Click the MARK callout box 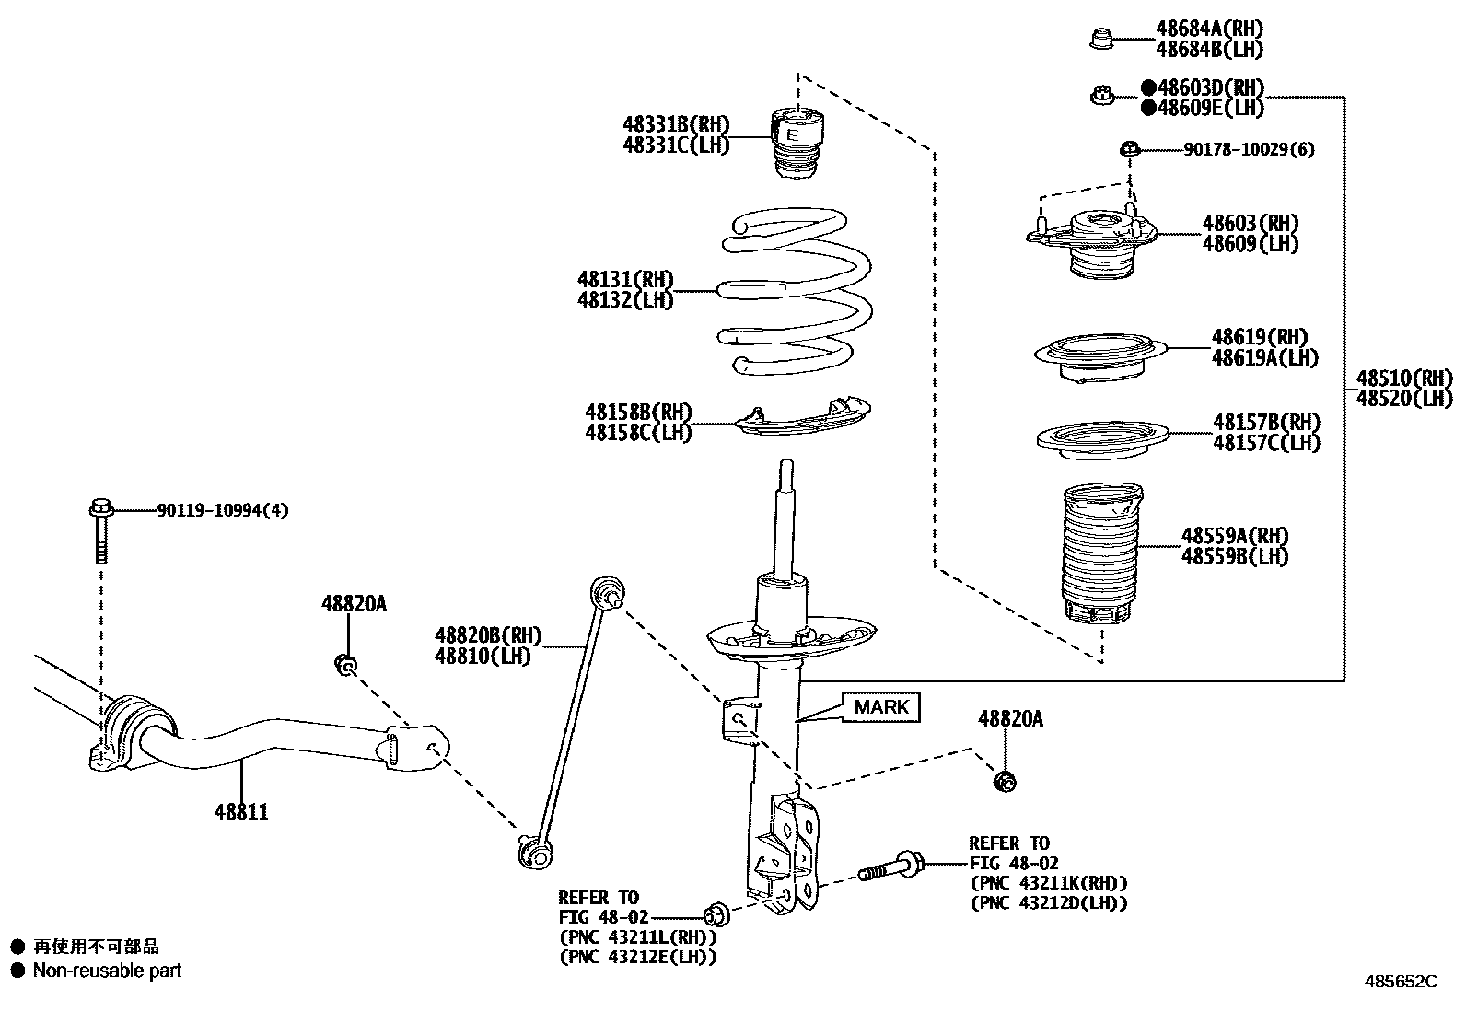881,707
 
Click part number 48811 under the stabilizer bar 241,811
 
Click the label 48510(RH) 1403,378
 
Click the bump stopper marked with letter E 796,143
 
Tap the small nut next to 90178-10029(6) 1131,148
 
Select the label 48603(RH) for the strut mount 1250,223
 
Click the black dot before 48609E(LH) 1148,108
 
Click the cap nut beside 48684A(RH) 1100,39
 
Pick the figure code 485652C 1400,981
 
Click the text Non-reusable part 107,970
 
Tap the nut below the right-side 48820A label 1006,782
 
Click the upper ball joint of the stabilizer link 607,589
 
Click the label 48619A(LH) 1264,357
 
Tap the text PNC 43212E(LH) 637,956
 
